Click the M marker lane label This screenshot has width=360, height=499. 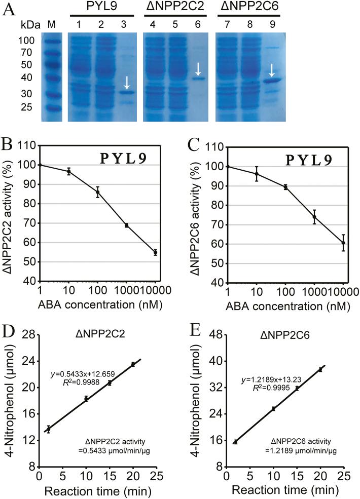50,24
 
